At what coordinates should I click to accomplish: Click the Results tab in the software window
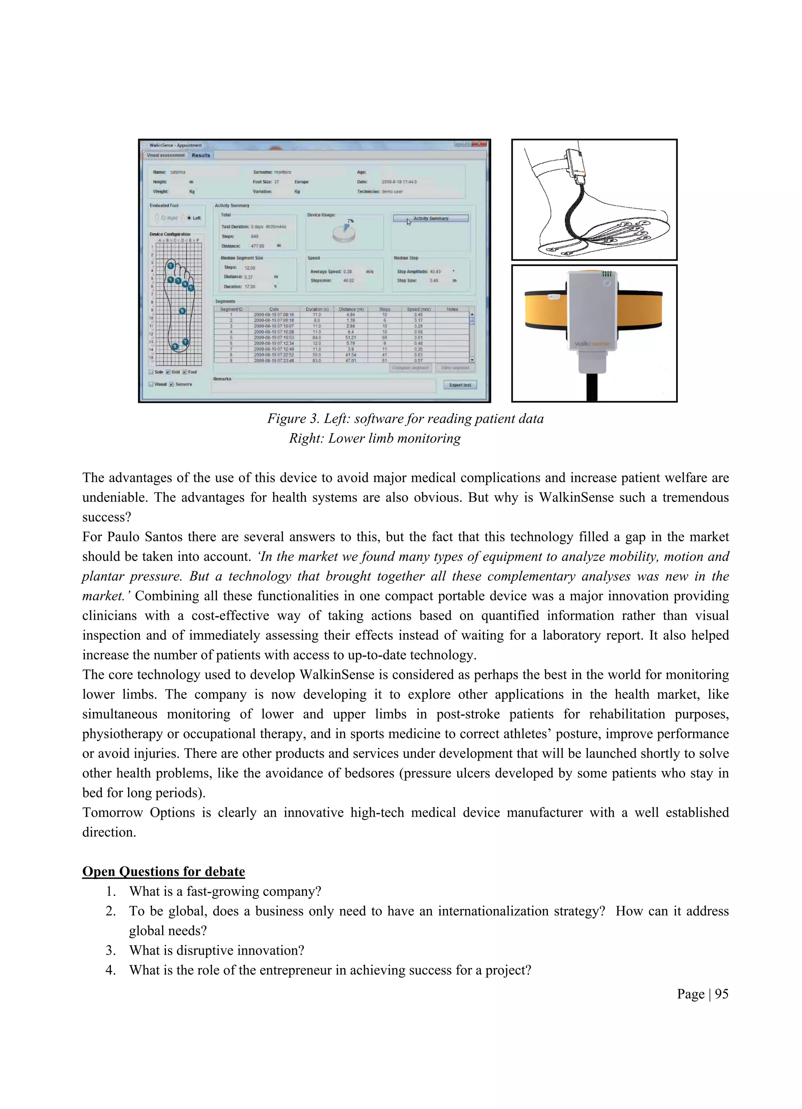click(x=200, y=155)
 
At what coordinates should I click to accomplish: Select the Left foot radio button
click(x=190, y=218)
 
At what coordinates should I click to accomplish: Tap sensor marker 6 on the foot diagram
click(x=182, y=311)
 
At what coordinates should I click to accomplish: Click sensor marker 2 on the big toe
click(x=171, y=266)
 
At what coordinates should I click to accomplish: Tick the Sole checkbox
click(x=151, y=372)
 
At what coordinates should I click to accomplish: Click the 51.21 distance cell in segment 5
click(x=350, y=337)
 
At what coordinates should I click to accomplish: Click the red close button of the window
click(x=480, y=144)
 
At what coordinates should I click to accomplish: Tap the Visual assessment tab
click(x=166, y=155)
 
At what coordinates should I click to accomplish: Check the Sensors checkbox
click(x=172, y=384)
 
